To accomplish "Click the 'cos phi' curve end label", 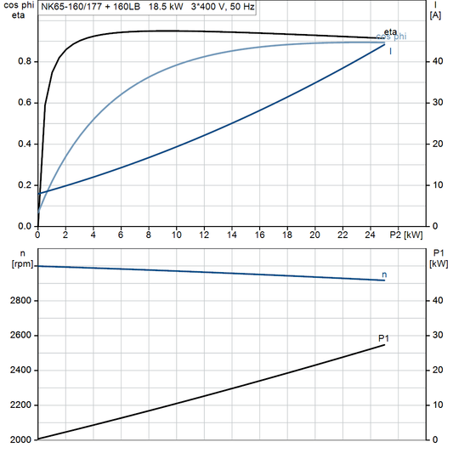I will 391,37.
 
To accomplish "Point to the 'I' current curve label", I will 390,51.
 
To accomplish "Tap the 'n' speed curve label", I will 385,275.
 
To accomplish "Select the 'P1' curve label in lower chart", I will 383,338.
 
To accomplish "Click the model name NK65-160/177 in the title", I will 72,8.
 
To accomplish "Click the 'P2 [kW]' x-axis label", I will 405,235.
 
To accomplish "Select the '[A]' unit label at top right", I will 435,14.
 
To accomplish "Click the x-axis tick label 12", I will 204,235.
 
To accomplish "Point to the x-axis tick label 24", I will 371,235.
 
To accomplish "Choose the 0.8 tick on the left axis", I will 25,61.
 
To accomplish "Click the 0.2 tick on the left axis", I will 25,185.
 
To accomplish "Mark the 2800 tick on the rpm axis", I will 20,301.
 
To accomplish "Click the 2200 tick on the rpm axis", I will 20,405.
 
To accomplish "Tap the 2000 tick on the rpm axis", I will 20,439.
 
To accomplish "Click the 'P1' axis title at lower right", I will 438,253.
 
